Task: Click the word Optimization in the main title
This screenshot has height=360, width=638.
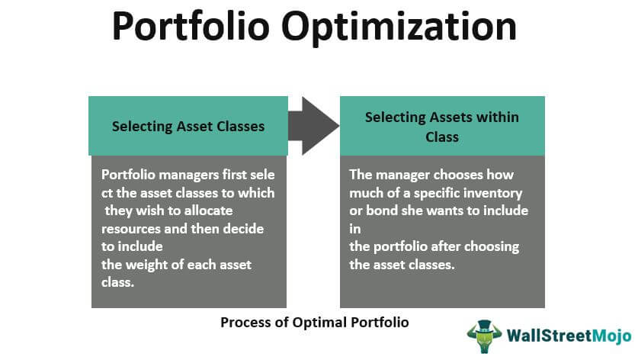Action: pyautogui.click(x=399, y=27)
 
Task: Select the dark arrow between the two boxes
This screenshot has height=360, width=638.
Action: pyautogui.click(x=314, y=126)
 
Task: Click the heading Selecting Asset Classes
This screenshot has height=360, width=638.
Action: pyautogui.click(x=188, y=127)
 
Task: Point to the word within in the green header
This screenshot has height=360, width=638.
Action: pyautogui.click(x=497, y=117)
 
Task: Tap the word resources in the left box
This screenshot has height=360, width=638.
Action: pyautogui.click(x=131, y=229)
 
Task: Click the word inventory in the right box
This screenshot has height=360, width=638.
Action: pyautogui.click(x=496, y=194)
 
